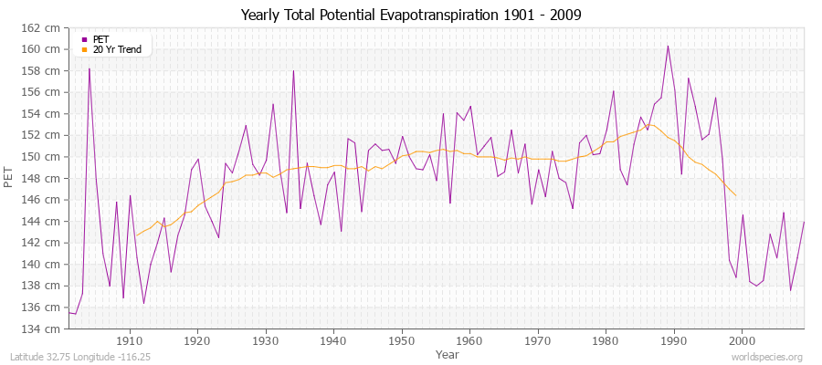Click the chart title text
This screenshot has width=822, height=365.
tap(410, 16)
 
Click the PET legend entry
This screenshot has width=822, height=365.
tap(100, 39)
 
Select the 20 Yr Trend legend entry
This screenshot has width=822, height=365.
tap(117, 49)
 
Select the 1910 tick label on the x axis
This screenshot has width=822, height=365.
tap(130, 340)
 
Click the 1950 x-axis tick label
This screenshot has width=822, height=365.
tap(402, 340)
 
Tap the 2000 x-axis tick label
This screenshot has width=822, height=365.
tap(742, 340)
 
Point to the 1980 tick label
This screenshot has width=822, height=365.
tap(606, 340)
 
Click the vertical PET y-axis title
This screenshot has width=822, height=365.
tap(10, 178)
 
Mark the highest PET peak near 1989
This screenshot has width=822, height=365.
tap(668, 46)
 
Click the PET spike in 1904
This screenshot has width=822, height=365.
tap(90, 68)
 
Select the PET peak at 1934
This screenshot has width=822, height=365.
tap(293, 70)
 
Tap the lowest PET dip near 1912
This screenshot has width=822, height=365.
tap(143, 303)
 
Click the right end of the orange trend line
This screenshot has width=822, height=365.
tap(736, 195)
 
